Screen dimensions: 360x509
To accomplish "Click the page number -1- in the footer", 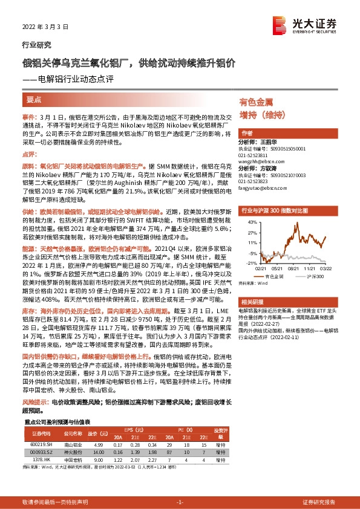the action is (180, 502).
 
